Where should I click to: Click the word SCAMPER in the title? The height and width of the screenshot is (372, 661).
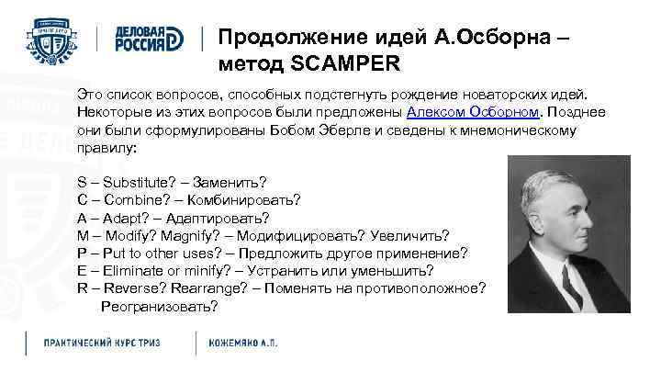pos(346,65)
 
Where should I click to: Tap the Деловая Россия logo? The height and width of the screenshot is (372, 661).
pos(149,38)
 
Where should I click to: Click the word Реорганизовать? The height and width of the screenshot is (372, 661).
pos(159,306)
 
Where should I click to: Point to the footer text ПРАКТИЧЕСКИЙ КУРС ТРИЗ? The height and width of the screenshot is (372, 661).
pos(102,343)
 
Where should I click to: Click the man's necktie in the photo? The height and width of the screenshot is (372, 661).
pos(570,287)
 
